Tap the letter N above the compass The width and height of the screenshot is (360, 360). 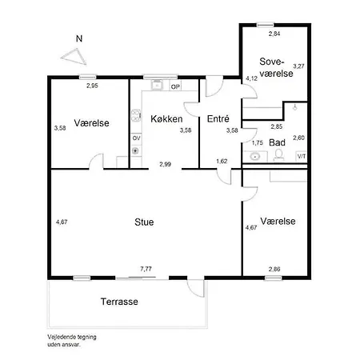point(79,38)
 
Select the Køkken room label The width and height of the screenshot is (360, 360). point(166,119)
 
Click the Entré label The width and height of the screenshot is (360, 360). point(218,118)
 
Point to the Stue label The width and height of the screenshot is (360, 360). point(144,222)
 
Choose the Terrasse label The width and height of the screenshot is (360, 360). point(119,302)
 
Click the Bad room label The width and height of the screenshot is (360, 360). point(277,142)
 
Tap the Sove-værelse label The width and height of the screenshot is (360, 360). point(276,67)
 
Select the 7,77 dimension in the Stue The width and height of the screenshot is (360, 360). point(146,269)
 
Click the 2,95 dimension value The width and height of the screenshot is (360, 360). point(92,86)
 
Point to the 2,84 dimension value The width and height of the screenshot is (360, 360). point(274,34)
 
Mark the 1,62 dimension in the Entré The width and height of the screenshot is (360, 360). point(222,161)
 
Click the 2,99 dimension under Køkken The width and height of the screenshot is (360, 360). point(166,164)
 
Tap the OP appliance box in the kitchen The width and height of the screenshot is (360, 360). point(175,86)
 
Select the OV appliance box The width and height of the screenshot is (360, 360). point(136,138)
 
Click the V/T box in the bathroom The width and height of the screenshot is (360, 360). point(302,156)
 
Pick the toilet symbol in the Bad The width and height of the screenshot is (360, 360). point(279,155)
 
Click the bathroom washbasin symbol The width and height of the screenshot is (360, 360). point(255,156)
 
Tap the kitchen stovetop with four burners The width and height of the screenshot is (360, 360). point(136,115)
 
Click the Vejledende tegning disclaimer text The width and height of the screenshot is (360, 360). point(72,341)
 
